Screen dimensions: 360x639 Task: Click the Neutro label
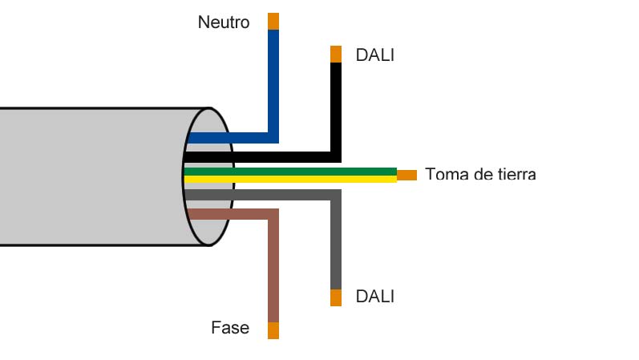[x=223, y=22]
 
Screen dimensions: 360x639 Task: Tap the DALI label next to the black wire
[x=374, y=55]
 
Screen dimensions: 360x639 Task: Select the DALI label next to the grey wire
[x=374, y=297]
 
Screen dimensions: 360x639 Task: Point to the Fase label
[x=230, y=328]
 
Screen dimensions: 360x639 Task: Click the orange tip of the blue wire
[x=273, y=21]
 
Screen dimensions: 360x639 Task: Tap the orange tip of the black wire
[x=336, y=54]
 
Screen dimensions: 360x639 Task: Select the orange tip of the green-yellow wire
[x=407, y=175]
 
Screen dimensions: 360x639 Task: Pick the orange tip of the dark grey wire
[x=336, y=297]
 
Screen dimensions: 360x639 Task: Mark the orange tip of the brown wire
[x=273, y=330]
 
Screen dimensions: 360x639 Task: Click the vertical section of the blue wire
[x=273, y=80]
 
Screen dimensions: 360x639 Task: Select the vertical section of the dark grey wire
[x=336, y=241]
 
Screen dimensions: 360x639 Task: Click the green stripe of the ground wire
[x=321, y=171]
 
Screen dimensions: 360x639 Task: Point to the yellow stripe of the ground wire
[x=321, y=179]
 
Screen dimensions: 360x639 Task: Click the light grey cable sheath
[x=88, y=176]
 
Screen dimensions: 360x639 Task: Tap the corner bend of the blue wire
[x=273, y=137]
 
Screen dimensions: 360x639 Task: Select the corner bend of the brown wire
[x=273, y=214]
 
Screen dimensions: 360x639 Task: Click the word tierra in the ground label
[x=513, y=174]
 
